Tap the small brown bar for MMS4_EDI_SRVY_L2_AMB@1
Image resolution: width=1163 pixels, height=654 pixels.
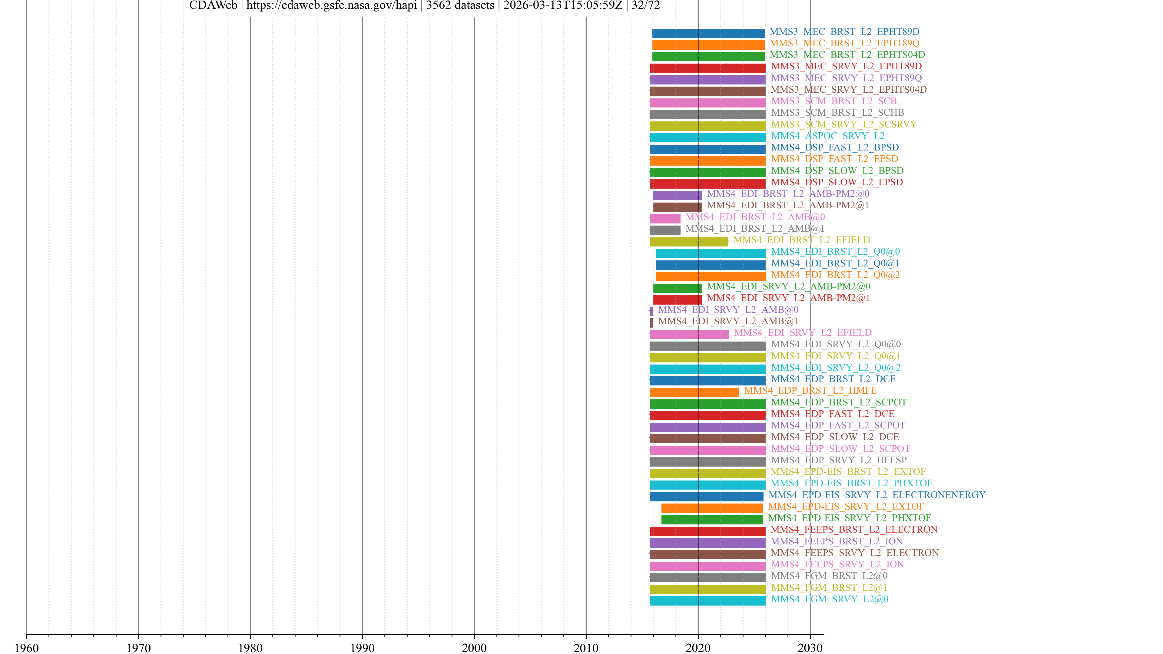(x=651, y=323)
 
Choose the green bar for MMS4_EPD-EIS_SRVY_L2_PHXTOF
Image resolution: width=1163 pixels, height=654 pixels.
(x=712, y=520)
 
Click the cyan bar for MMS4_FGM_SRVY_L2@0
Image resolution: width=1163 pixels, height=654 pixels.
(x=707, y=601)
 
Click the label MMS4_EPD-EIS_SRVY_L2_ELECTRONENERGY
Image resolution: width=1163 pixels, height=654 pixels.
(x=877, y=495)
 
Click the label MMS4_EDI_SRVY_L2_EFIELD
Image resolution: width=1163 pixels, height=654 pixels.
(x=802, y=333)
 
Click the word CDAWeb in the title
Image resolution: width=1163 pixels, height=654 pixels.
(x=213, y=5)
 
